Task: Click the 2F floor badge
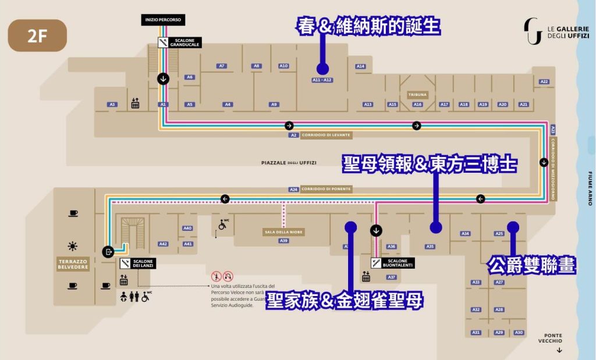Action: point(37,35)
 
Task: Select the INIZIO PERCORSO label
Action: point(164,20)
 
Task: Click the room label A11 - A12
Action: point(322,80)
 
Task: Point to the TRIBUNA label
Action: point(417,94)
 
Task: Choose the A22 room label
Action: point(544,81)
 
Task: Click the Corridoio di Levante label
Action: point(334,135)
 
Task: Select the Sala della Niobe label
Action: point(284,232)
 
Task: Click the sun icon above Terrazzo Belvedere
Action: point(72,246)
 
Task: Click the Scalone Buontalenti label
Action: point(398,263)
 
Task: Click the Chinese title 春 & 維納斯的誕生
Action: point(368,27)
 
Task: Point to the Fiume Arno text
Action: point(590,188)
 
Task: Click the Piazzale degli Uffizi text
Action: point(289,163)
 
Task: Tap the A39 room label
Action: point(283,240)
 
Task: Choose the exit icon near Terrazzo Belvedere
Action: point(108,251)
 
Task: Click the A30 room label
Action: point(519,333)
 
